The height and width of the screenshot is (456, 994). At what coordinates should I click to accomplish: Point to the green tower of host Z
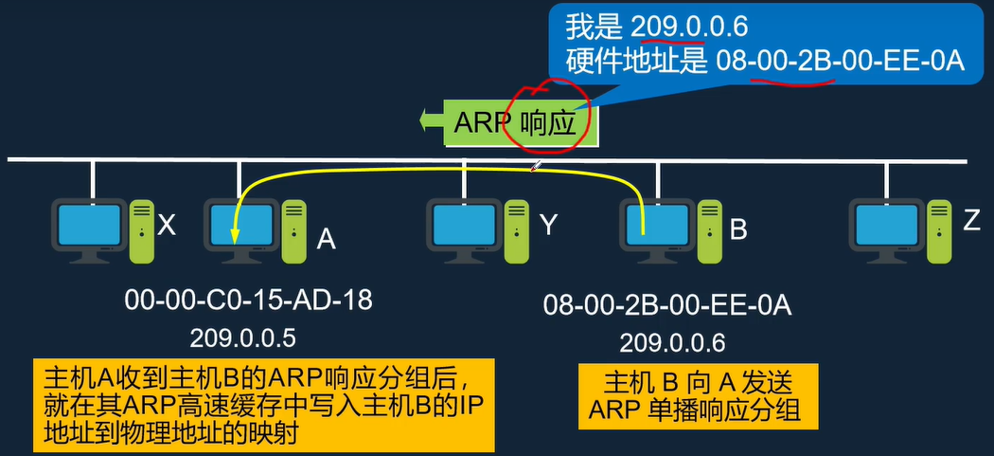click(939, 229)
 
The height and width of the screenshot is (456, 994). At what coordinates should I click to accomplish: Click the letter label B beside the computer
click(739, 230)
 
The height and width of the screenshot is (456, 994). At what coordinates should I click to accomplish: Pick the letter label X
click(167, 225)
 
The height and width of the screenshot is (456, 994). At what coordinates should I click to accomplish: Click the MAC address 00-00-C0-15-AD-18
click(248, 301)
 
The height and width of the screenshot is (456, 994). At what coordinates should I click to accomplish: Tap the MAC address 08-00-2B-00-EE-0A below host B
click(667, 305)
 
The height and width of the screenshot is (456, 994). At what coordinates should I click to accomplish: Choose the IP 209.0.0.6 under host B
click(673, 341)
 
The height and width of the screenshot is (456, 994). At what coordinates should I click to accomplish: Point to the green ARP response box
click(520, 122)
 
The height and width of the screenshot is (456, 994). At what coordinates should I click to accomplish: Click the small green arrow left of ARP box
click(432, 120)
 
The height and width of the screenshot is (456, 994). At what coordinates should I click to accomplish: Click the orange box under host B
click(695, 396)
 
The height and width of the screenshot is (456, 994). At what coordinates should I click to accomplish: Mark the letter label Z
click(971, 221)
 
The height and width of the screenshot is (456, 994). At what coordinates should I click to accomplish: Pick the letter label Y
click(549, 225)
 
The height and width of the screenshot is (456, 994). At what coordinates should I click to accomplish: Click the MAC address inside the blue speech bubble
click(840, 62)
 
